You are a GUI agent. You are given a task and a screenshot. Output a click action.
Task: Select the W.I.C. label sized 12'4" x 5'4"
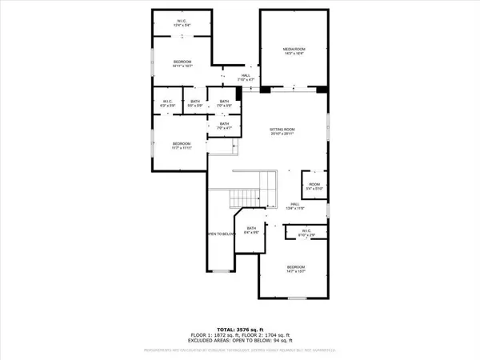coord(182,23)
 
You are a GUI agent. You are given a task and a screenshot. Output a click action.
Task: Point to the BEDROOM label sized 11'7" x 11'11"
coord(180,146)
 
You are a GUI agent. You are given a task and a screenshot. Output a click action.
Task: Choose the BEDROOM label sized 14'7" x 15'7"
coord(296,269)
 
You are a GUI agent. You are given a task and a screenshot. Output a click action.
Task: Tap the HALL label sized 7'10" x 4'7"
coord(246,78)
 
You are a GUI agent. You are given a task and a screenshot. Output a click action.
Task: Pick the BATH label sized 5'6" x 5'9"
coord(194,103)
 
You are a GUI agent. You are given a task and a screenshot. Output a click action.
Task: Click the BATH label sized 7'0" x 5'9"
coord(224,103)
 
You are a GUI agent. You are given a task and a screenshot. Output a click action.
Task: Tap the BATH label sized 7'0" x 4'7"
coord(224,126)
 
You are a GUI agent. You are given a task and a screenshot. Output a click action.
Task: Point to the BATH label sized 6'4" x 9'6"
coord(251,230)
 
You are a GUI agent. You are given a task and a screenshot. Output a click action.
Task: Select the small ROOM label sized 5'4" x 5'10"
coord(314,186)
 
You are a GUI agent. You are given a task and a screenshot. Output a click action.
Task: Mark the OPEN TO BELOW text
coord(219,234)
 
